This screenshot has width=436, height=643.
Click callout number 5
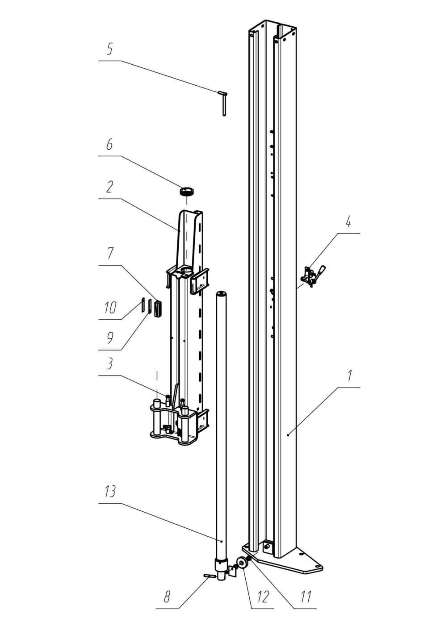tap(109, 49)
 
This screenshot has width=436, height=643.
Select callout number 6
tap(109, 144)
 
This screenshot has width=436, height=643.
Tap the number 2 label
tap(109, 187)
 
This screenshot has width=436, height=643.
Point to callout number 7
tap(110, 253)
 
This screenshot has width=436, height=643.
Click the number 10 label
tap(110, 308)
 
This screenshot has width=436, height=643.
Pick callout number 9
tap(110, 338)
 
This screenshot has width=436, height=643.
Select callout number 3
tap(109, 363)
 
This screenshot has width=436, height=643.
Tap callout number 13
tap(110, 491)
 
